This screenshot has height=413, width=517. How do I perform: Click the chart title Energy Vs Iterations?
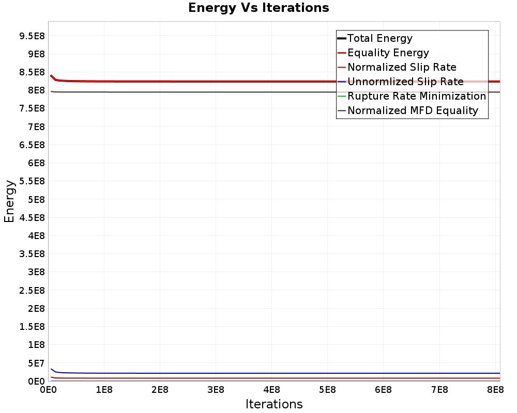[258, 8]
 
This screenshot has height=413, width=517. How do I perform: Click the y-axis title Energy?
[9, 201]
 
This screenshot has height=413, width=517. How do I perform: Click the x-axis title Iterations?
[274, 404]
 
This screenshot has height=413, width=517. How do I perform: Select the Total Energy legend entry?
[379, 38]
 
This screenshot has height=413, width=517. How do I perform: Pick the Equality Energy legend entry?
[388, 53]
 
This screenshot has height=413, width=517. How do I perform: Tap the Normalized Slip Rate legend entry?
[402, 67]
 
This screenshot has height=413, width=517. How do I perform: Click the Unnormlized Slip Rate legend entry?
[405, 82]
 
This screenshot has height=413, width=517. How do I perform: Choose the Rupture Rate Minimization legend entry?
[417, 96]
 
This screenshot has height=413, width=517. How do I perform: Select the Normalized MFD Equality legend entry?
[413, 110]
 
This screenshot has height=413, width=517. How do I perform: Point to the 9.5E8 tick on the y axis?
[31, 36]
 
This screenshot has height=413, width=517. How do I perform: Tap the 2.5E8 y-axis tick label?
[31, 290]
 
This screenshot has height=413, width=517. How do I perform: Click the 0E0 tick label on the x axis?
[48, 389]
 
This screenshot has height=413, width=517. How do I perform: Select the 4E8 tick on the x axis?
[271, 389]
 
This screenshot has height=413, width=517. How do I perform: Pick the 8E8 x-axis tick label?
[495, 389]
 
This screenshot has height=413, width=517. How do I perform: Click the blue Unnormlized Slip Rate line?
[258, 373]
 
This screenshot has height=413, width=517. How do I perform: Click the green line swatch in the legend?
[341, 96]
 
